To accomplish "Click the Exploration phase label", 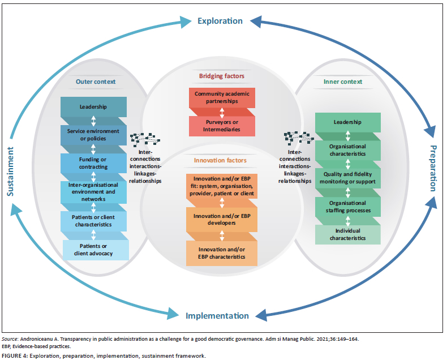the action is tap(220, 21).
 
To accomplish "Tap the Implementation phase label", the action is tap(217, 316).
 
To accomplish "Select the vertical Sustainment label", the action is tap(10, 172).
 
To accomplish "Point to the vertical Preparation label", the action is tap(433, 168).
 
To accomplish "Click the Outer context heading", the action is tap(96, 82).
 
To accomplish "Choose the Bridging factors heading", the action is tap(221, 76).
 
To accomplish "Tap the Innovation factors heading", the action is tap(220, 160).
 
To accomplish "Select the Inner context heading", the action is tap(343, 82).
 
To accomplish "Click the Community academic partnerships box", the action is tap(222, 97).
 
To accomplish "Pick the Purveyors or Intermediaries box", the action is tap(222, 126).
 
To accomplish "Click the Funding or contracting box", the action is tap(93, 163).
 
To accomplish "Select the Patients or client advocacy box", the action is tap(96, 250).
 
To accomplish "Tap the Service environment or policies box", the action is tap(93, 135).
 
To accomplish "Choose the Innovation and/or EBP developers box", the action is tap(222, 220).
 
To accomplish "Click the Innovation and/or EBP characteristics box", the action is tap(222, 254).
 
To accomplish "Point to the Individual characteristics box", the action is tap(348, 234).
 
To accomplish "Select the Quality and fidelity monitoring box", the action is tap(348, 178).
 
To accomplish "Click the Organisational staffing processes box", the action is tap(348, 207).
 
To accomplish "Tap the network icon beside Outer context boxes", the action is tap(145, 139).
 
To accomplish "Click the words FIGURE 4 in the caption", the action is tap(15, 355).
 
